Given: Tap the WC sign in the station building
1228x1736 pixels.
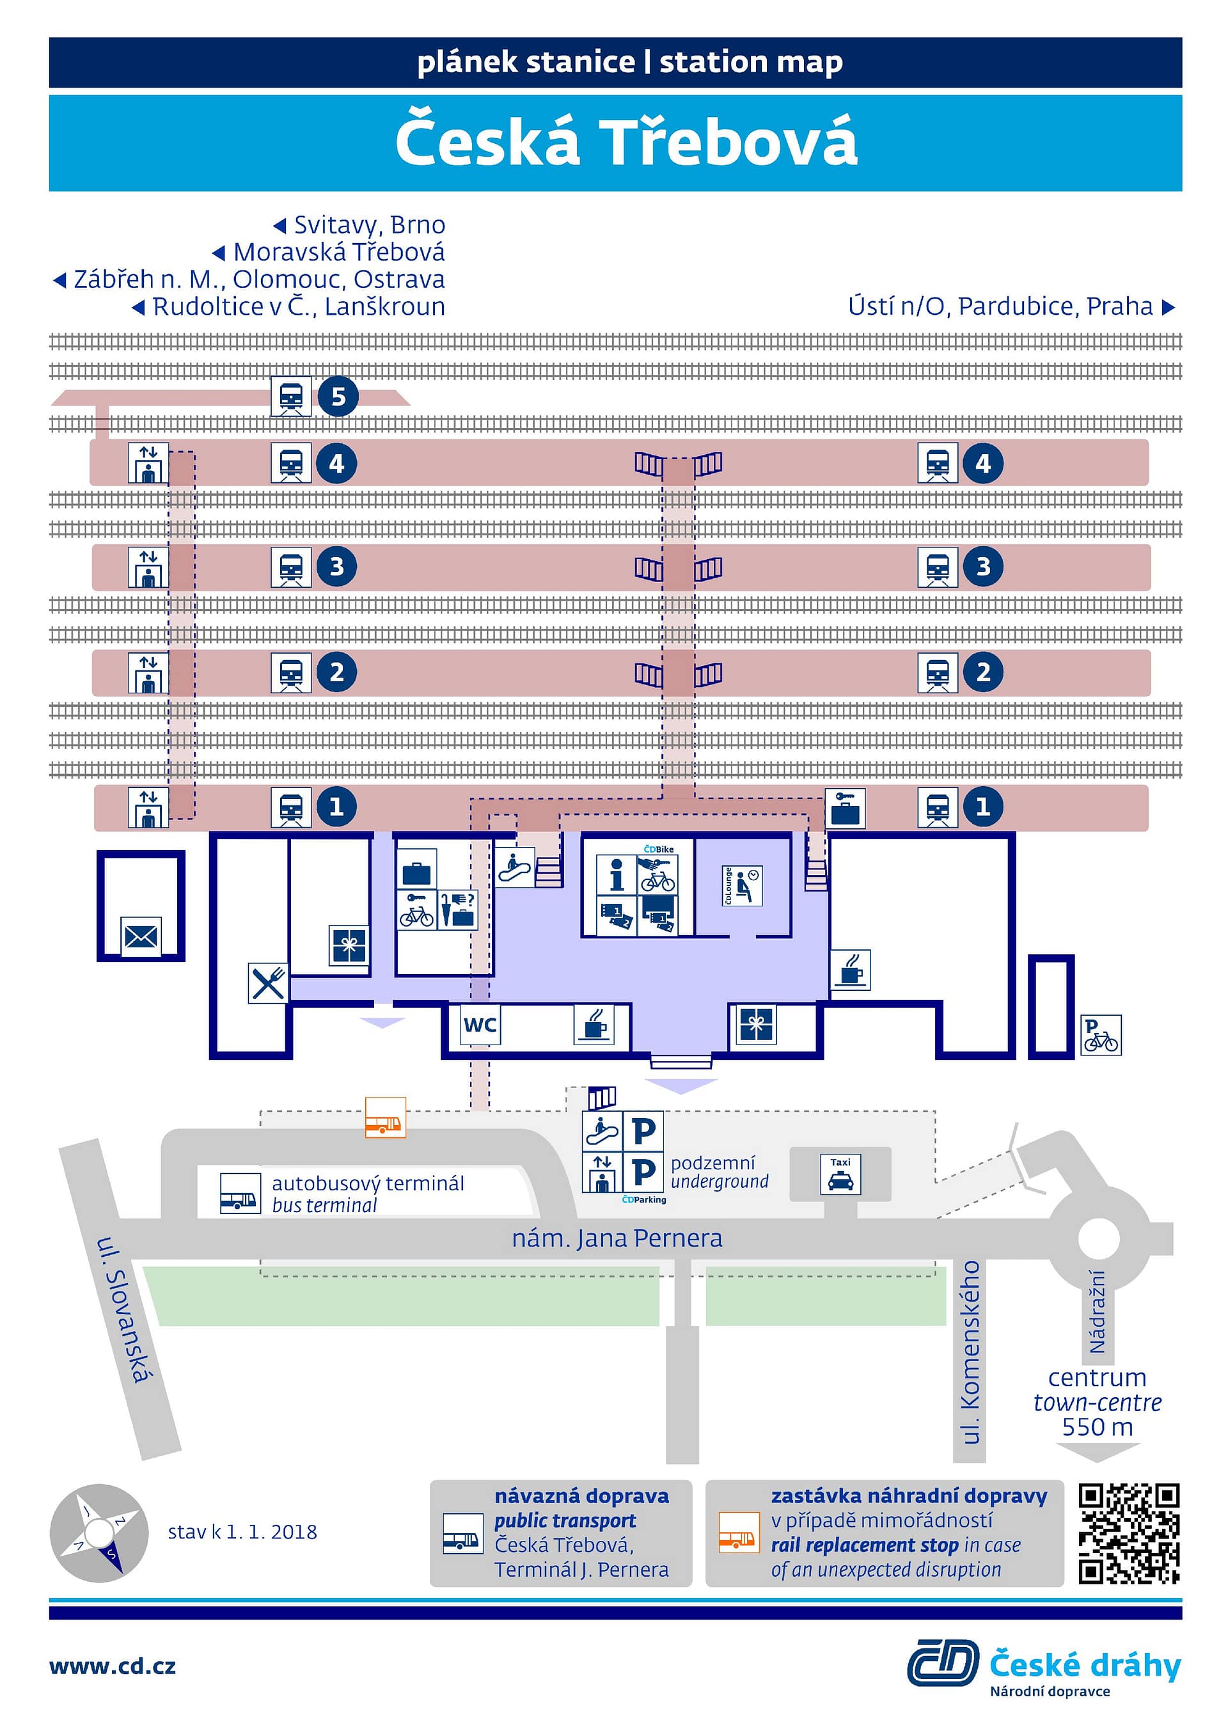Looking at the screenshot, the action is coord(480,1025).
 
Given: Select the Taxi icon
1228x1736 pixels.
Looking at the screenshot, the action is coord(840,1174).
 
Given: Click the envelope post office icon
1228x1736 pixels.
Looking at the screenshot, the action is coord(141,938).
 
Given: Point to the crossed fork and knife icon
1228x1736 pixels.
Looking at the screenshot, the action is coord(269,983).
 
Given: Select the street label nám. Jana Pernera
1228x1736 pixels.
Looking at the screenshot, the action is coord(617,1238).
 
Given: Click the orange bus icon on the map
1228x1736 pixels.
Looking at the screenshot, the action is coord(385,1117).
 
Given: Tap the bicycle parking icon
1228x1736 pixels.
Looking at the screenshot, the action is coord(1101,1035).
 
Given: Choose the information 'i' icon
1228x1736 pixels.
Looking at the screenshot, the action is coord(617,875).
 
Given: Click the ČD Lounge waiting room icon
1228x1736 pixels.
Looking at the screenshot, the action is coord(742,885).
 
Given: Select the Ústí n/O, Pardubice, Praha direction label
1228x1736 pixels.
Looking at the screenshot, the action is coord(1011,306).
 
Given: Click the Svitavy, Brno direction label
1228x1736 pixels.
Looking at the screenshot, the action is coord(359,225).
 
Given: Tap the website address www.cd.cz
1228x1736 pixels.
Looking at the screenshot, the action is coord(113,1666).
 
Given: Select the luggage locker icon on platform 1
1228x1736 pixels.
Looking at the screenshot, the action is coord(845,809).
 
